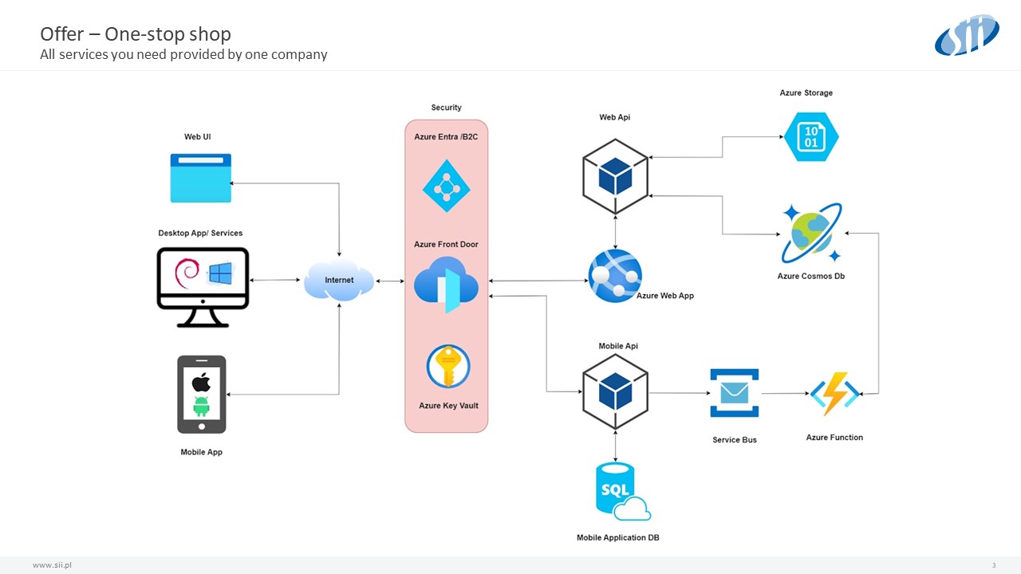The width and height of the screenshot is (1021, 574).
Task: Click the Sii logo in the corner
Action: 966,36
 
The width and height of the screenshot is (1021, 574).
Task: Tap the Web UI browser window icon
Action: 200,178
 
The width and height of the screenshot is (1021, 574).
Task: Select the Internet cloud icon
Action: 339,281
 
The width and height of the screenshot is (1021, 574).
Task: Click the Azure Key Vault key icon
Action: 448,368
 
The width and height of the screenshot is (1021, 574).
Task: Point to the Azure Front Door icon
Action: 446,284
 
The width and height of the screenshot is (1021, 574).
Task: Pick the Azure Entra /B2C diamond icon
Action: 446,187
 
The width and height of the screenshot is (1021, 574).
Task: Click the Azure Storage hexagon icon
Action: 811,136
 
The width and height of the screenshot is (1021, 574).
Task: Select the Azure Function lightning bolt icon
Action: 834,394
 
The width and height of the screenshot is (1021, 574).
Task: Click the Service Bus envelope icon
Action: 734,393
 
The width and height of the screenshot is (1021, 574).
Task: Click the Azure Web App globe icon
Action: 614,276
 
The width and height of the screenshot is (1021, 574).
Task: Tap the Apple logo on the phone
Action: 201,381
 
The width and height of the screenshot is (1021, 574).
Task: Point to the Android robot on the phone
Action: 201,406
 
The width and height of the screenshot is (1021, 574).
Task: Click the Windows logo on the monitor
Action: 219,273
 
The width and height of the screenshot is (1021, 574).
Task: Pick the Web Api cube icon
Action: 615,175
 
